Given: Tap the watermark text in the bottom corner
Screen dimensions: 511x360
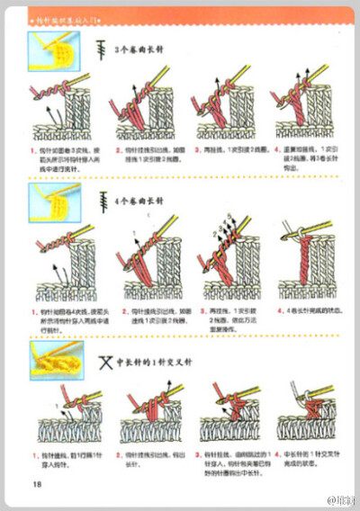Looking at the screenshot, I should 340,498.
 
